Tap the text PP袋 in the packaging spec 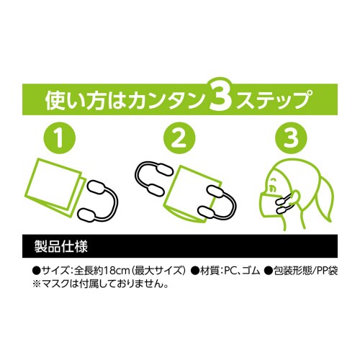pyautogui.click(x=325, y=270)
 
